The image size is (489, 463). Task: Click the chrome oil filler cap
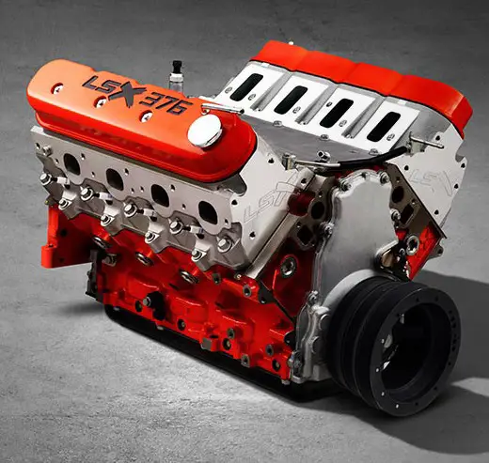click(x=205, y=131)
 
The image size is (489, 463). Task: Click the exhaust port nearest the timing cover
click(x=208, y=212)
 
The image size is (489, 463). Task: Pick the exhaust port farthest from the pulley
click(x=71, y=164)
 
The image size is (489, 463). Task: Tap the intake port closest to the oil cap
click(x=247, y=86)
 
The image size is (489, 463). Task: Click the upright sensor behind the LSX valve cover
click(x=176, y=74)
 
